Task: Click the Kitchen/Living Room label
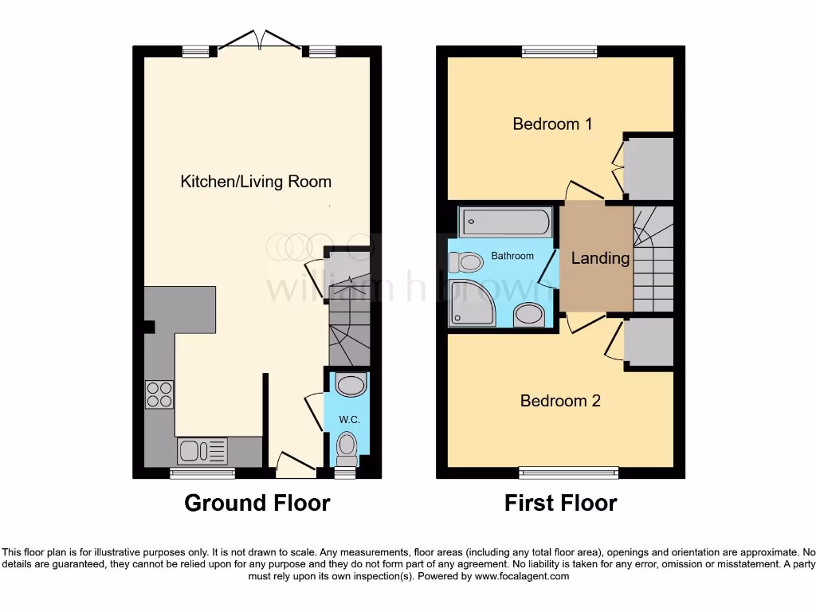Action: [256, 182]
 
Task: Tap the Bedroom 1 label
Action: [552, 124]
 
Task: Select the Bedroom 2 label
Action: [559, 401]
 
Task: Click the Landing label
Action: [600, 258]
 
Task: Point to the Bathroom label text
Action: [512, 256]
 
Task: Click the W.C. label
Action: [347, 420]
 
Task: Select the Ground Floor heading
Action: [257, 503]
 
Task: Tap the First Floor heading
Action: [560, 503]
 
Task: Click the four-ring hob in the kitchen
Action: [159, 394]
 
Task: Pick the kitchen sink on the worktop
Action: [202, 451]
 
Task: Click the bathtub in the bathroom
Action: [505, 222]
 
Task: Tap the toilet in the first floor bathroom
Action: [465, 261]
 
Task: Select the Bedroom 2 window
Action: [568, 473]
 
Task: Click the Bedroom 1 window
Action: [560, 52]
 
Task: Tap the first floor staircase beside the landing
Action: [653, 259]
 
